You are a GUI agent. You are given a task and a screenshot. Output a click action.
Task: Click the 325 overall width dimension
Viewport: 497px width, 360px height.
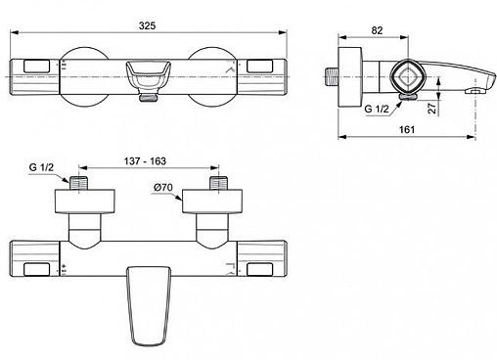(147, 25)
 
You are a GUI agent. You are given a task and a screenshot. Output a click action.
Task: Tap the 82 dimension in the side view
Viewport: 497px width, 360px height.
(377, 30)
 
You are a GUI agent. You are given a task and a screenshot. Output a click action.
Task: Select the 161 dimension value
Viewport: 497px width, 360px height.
(407, 129)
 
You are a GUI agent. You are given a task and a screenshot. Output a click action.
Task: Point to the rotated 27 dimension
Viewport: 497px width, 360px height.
(432, 108)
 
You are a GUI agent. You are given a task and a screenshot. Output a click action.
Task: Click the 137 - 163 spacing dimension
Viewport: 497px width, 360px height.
(145, 161)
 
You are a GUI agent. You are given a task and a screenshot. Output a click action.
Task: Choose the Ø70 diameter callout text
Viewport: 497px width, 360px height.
(163, 188)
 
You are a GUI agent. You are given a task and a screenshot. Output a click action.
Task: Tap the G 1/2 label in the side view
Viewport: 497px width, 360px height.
(377, 109)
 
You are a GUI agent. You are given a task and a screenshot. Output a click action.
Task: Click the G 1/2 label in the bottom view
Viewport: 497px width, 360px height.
(41, 167)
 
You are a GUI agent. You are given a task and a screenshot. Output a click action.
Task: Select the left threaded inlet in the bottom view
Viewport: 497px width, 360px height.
(79, 183)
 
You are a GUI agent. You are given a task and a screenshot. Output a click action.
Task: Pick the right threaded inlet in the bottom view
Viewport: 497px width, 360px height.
(218, 183)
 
